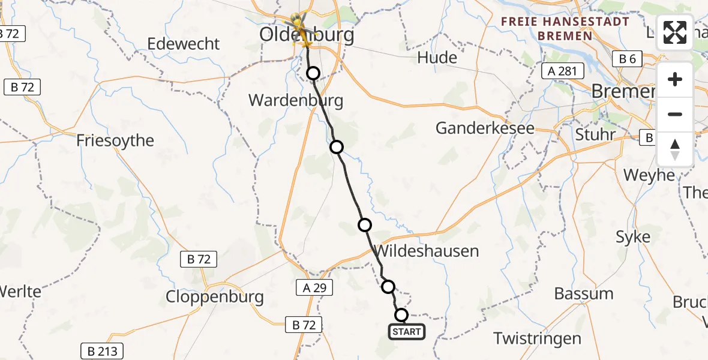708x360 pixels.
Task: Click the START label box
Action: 407,332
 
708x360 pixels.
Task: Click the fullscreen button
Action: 675,32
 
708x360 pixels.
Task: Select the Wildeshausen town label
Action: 427,250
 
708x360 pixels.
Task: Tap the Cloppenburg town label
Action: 215,296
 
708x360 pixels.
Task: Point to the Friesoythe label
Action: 115,140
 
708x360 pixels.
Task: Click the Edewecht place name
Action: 184,44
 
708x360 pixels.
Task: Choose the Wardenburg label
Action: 296,100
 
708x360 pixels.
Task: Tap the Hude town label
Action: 437,58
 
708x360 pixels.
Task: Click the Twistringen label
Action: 538,338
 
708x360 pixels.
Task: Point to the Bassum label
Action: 584,294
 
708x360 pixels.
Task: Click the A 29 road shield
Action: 314,288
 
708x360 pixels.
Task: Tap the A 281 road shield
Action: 562,71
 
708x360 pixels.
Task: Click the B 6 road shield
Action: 627,59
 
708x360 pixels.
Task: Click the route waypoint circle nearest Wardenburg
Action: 313,74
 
